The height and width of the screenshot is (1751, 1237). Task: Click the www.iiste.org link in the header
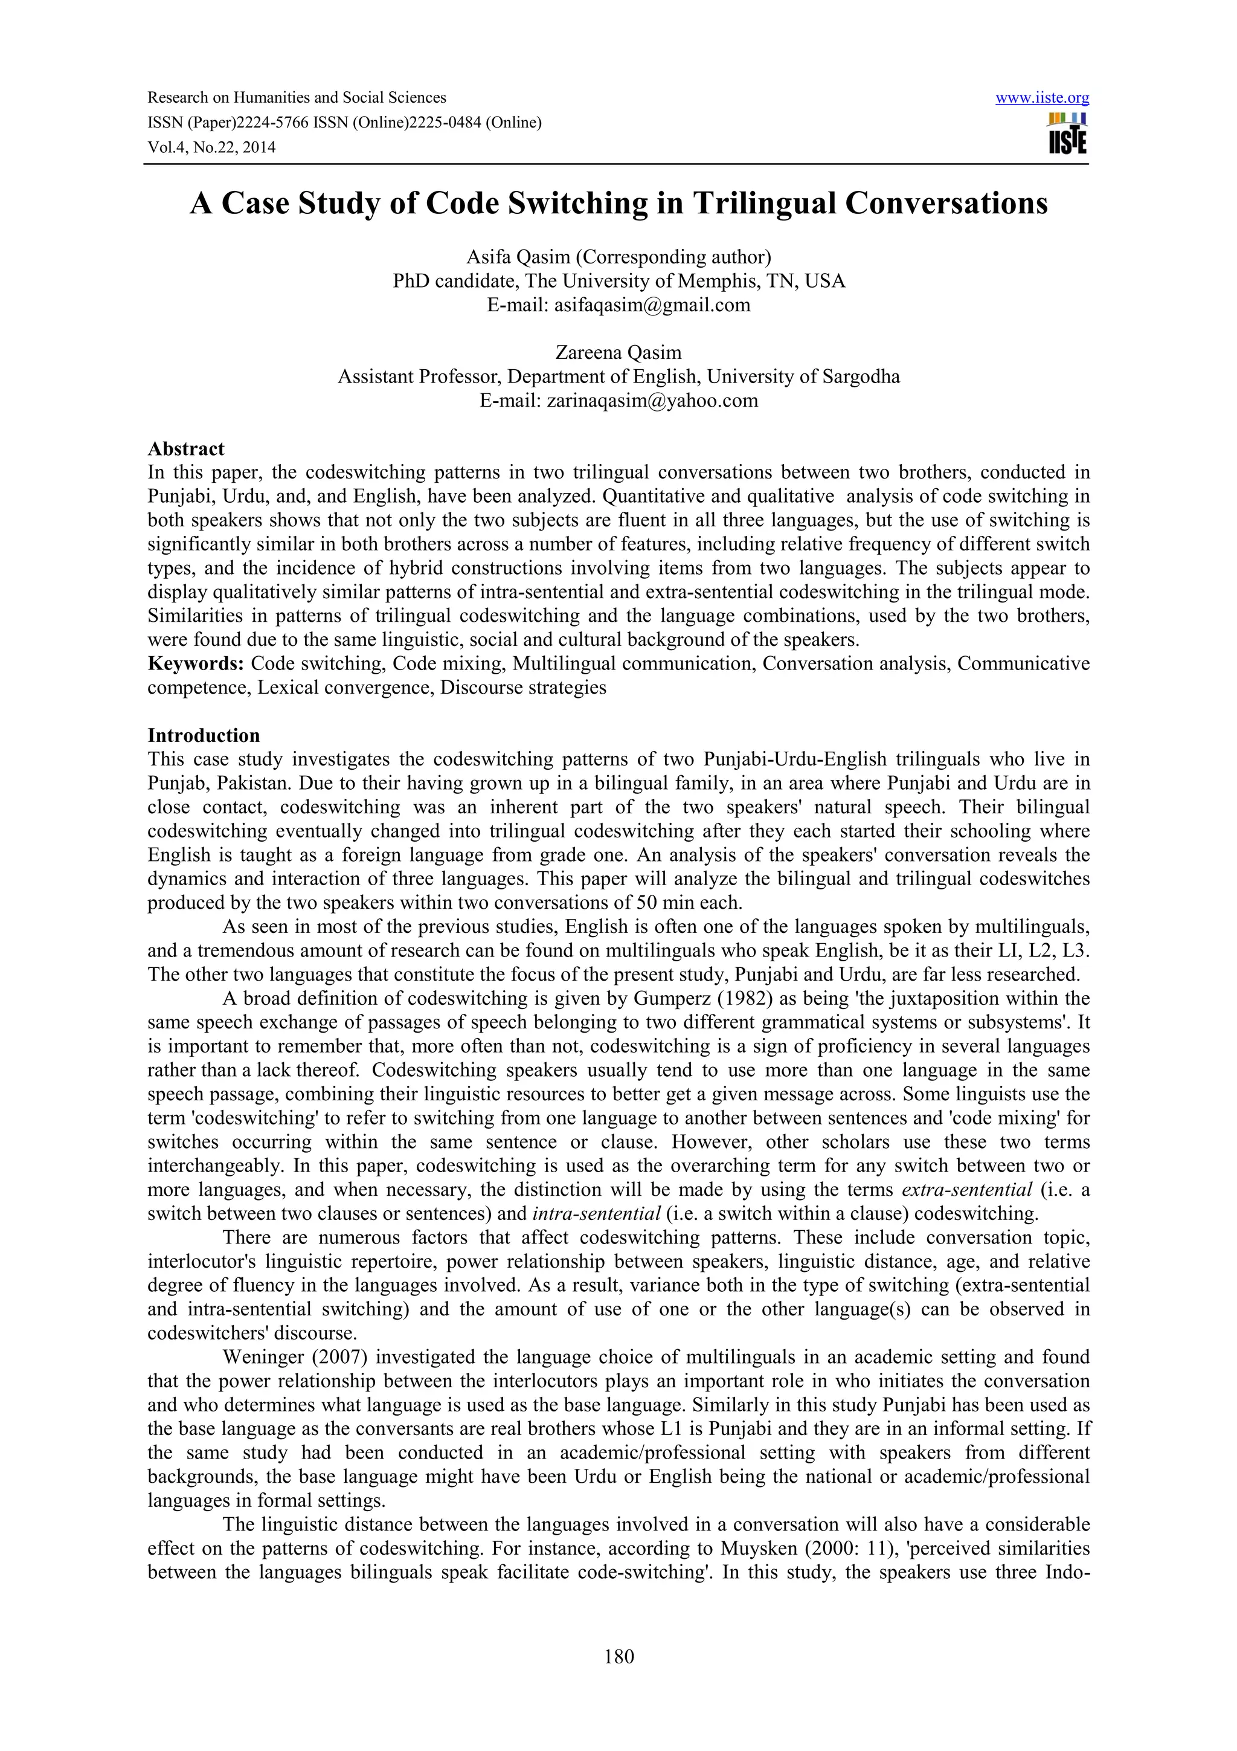pos(1042,98)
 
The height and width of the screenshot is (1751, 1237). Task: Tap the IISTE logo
pos(1067,134)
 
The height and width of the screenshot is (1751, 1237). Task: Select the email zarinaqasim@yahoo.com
pos(652,401)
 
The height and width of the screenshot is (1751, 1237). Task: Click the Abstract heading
pos(186,448)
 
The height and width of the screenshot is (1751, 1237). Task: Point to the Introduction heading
pos(204,735)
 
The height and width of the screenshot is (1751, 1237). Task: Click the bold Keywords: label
pos(195,663)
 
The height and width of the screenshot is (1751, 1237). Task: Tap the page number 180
pos(618,1656)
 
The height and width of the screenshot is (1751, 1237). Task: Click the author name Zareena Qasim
pos(618,353)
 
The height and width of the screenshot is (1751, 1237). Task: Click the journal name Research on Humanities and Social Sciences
pos(297,98)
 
